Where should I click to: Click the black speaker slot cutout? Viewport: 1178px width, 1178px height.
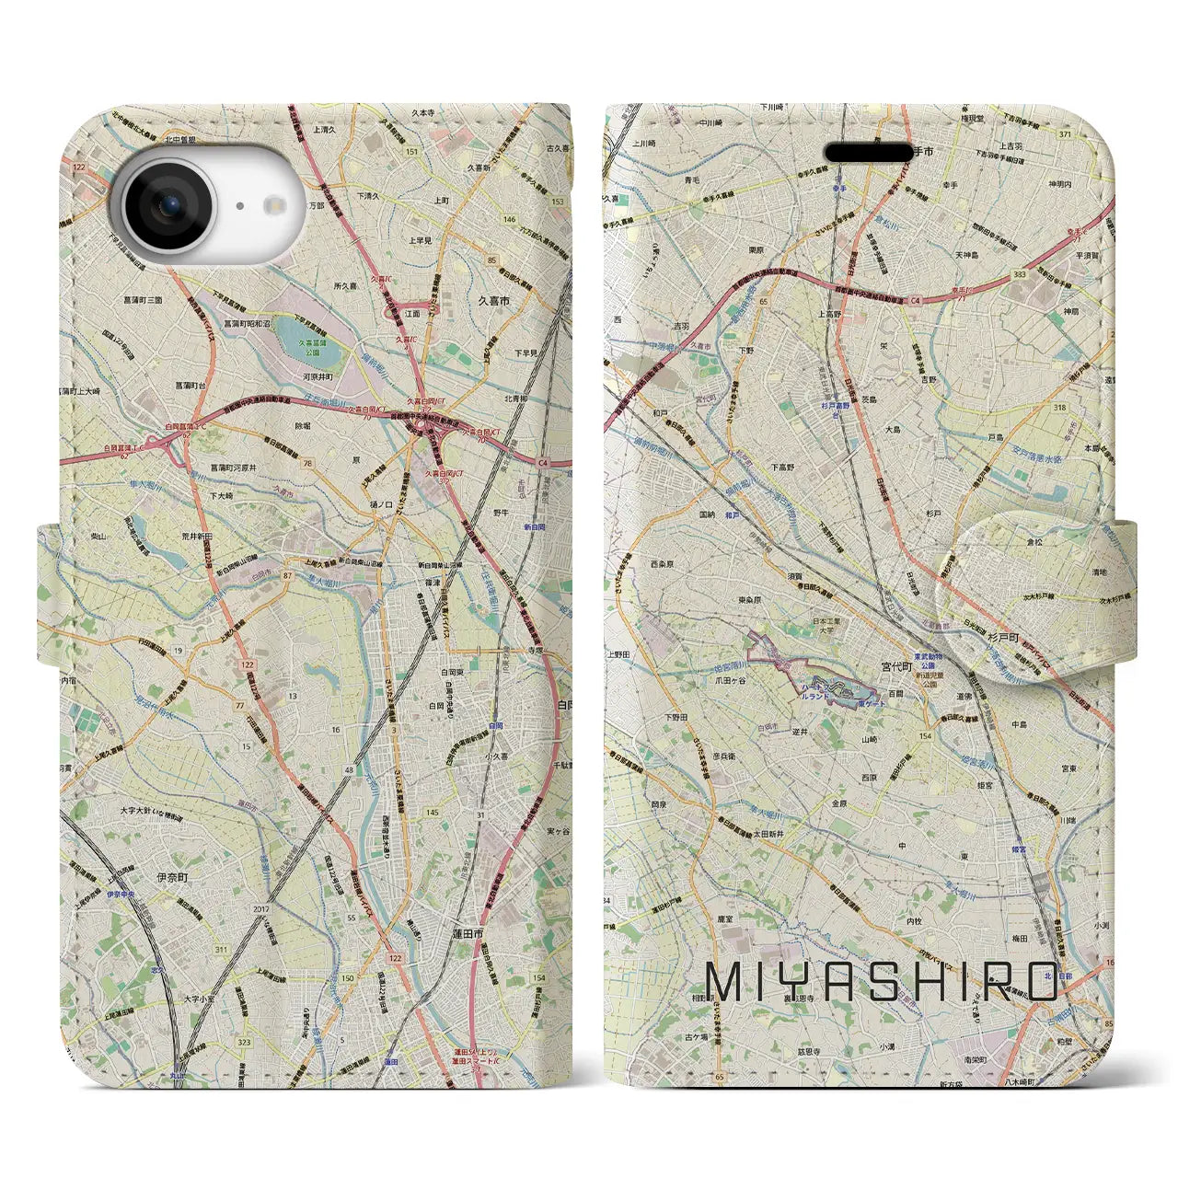(x=868, y=152)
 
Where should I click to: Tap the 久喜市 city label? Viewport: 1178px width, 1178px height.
(x=493, y=301)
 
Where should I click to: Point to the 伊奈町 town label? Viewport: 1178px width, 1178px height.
(x=172, y=879)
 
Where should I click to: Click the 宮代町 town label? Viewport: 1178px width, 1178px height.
(x=895, y=666)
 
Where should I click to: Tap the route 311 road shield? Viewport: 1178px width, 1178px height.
(x=220, y=949)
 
